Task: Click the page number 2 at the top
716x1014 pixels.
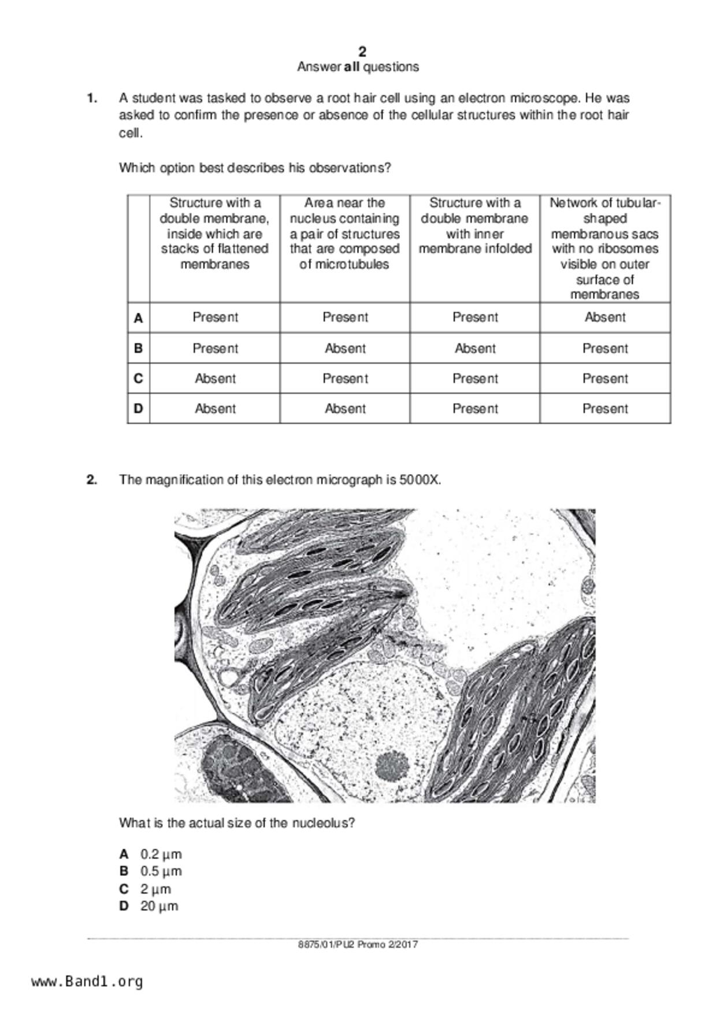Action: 362,51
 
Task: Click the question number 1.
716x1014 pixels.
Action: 91,98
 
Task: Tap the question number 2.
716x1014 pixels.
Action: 91,480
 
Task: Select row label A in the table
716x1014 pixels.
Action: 138,318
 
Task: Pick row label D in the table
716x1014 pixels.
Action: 138,409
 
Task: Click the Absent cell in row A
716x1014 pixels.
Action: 604,317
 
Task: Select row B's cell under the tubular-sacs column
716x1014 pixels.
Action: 604,349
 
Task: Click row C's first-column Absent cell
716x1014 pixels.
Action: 215,379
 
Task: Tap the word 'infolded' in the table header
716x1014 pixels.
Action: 507,249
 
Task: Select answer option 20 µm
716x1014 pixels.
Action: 159,906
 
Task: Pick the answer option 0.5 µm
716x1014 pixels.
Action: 161,871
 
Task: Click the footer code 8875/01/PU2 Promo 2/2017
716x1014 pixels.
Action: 358,945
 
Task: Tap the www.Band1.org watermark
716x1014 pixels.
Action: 87,982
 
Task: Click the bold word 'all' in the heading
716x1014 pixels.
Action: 351,67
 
